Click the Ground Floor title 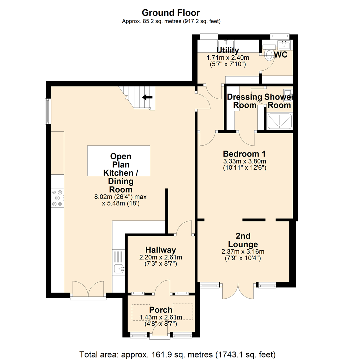[x=171, y=13]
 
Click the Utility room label [x=228, y=50]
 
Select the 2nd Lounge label [x=243, y=240]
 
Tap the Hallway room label [x=160, y=250]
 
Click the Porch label [x=161, y=310]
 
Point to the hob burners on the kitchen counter [x=57, y=198]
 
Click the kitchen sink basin [x=118, y=268]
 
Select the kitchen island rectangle [x=118, y=161]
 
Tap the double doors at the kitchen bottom [x=88, y=289]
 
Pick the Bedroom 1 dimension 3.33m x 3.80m [x=244, y=161]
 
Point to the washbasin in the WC [x=284, y=44]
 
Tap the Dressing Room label [x=244, y=101]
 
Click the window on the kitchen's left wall [x=48, y=111]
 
